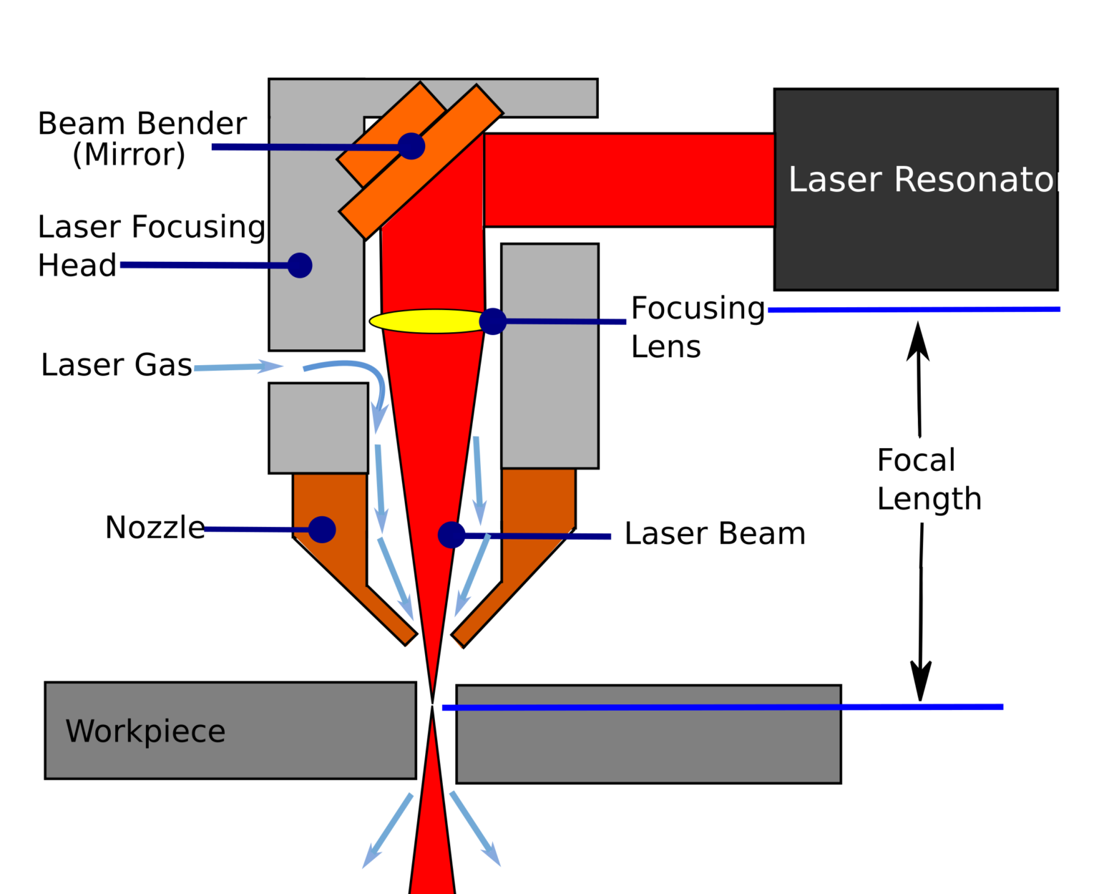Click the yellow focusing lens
[426, 321]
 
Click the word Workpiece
[145, 732]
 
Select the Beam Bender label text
[142, 124]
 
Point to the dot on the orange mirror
[411, 146]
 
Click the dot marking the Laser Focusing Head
[300, 266]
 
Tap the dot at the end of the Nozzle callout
[322, 530]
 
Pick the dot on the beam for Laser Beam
[451, 535]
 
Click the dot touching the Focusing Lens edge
[492, 321]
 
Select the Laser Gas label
[116, 365]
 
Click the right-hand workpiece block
[648, 744]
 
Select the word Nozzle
[155, 528]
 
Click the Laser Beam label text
[715, 534]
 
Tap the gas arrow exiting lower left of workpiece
[386, 833]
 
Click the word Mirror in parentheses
[129, 155]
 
